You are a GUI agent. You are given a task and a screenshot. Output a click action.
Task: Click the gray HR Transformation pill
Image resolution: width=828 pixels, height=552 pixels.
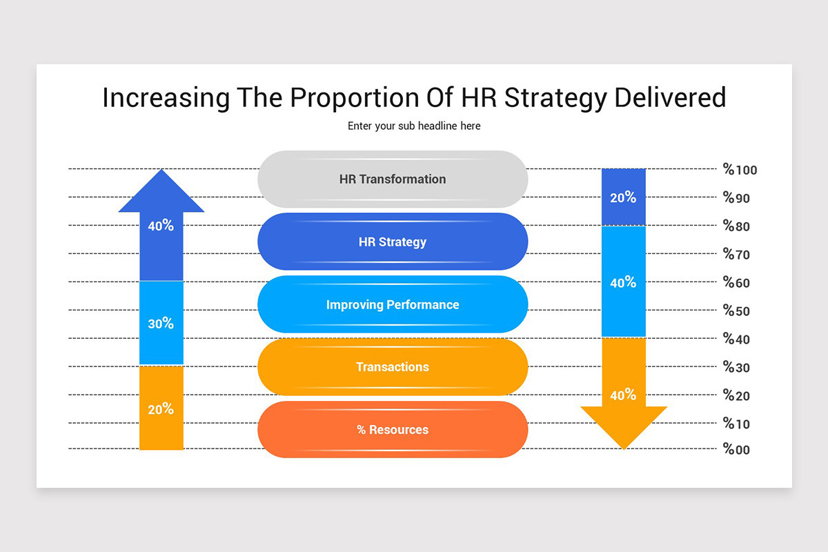click(x=393, y=179)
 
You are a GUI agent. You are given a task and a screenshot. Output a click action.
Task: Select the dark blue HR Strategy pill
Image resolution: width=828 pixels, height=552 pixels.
click(x=393, y=242)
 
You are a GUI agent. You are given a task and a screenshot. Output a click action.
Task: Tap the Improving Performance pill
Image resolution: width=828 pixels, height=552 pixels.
click(x=393, y=305)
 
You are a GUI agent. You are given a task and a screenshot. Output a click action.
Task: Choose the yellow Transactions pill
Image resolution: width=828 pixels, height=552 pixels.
click(x=393, y=367)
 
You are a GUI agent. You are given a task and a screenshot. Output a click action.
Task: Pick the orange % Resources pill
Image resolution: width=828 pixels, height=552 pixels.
click(x=393, y=430)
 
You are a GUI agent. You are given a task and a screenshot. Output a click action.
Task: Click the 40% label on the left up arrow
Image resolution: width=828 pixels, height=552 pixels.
click(x=161, y=226)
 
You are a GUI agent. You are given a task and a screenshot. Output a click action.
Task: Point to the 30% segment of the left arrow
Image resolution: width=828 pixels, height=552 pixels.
click(x=161, y=323)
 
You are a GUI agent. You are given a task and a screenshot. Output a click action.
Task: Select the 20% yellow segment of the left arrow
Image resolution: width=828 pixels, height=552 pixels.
click(x=161, y=408)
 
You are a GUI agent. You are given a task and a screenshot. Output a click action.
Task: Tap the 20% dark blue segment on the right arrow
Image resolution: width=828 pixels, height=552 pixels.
click(x=623, y=198)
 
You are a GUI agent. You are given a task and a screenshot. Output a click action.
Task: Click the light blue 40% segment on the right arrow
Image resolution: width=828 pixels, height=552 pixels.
click(x=623, y=282)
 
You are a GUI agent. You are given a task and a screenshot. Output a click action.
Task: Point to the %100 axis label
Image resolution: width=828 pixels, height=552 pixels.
click(x=740, y=170)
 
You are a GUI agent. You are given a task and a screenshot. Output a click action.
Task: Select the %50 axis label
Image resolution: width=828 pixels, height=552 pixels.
click(x=736, y=311)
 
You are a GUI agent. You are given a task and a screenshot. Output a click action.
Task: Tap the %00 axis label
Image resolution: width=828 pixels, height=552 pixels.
click(x=736, y=450)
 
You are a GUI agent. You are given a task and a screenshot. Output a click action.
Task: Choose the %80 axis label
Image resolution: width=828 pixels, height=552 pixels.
click(x=736, y=227)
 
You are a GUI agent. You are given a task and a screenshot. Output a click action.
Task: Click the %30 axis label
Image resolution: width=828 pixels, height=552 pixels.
click(x=736, y=368)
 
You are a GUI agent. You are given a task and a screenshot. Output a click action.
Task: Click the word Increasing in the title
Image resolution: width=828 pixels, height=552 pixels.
click(x=166, y=98)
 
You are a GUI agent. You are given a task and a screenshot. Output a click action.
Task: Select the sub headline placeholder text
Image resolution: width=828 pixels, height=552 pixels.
click(x=414, y=126)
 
